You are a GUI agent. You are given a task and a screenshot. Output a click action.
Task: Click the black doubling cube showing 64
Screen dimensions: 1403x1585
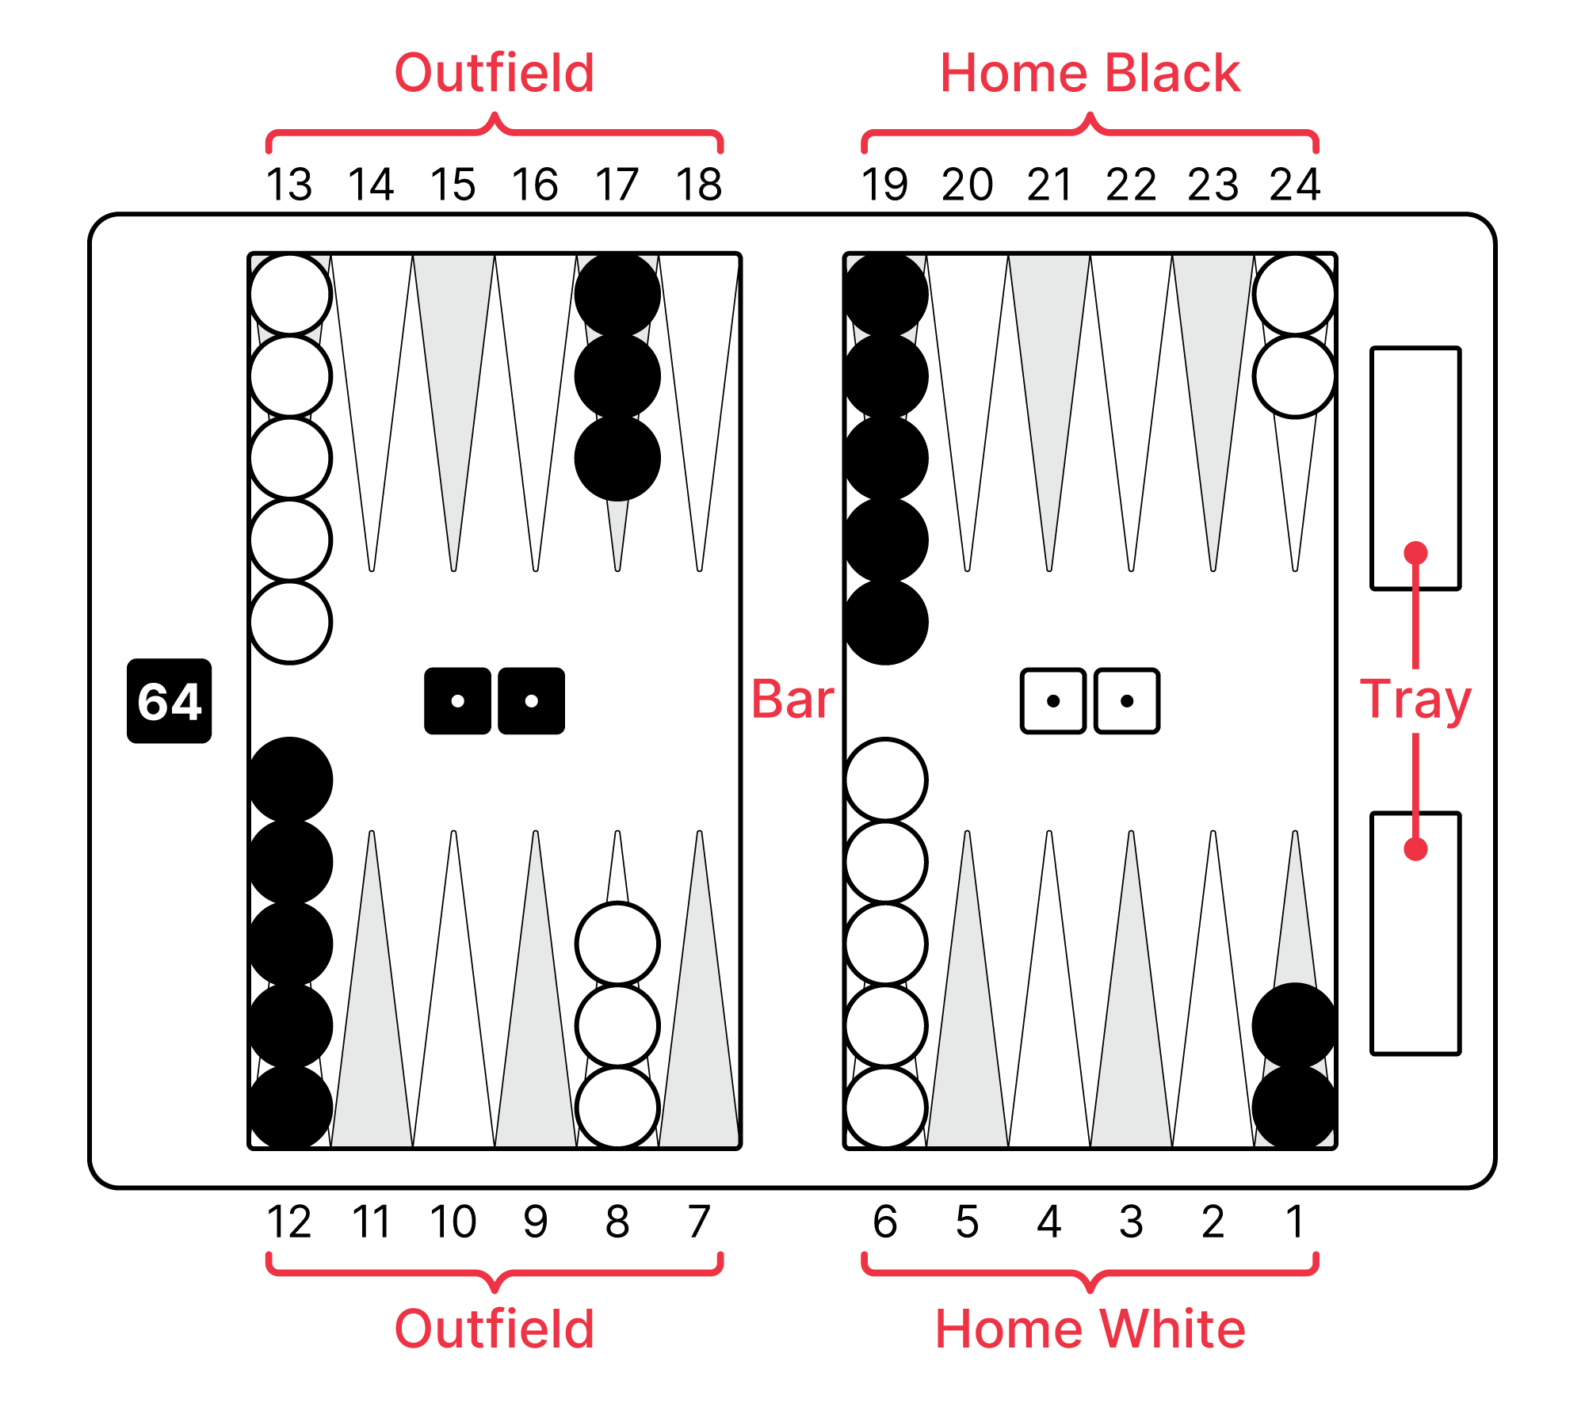click(169, 700)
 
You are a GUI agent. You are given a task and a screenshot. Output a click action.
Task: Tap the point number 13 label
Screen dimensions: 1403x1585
click(289, 185)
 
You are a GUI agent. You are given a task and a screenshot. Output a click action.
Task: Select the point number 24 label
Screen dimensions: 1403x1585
click(1294, 185)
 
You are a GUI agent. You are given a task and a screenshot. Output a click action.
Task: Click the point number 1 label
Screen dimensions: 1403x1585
click(1294, 1221)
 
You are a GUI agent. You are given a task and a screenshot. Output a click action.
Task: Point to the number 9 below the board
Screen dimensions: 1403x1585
click(536, 1221)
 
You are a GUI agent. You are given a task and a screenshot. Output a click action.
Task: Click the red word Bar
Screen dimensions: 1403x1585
click(792, 700)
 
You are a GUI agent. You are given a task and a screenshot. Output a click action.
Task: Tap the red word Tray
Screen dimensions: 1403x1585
click(1415, 700)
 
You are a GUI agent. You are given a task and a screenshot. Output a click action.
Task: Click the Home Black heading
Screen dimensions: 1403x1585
click(1090, 73)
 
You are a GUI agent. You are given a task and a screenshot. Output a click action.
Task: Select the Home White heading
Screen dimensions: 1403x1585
click(1090, 1329)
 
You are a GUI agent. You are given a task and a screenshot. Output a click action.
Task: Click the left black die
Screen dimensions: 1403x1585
click(457, 700)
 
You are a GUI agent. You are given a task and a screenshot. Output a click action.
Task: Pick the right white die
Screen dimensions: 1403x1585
click(1127, 700)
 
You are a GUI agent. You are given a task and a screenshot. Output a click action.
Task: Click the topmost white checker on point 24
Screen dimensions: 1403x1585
click(1294, 295)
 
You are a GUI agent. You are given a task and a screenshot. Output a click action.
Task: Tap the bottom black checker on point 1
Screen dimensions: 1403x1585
click(1294, 1107)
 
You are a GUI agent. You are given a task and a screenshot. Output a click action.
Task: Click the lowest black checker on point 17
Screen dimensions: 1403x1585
click(617, 458)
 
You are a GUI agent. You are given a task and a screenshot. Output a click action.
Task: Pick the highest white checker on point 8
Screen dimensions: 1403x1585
click(617, 944)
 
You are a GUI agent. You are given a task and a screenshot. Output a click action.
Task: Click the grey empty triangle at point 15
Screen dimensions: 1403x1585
click(453, 380)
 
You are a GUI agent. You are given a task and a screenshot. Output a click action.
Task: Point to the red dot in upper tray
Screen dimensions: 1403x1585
click(1415, 552)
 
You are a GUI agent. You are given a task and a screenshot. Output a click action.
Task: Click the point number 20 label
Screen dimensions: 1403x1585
click(967, 185)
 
